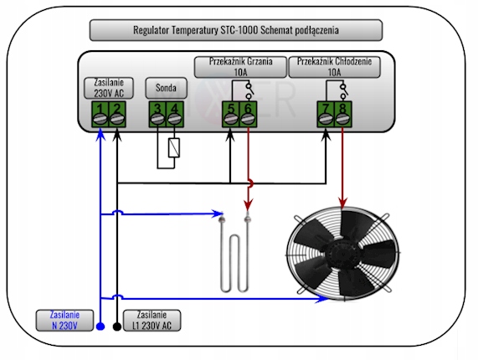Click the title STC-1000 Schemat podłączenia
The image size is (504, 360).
(x=235, y=31)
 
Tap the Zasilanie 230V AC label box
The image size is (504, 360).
(x=108, y=89)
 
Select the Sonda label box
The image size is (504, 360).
(x=165, y=88)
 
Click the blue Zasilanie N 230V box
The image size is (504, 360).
(x=64, y=318)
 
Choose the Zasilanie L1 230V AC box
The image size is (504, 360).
(x=153, y=318)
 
